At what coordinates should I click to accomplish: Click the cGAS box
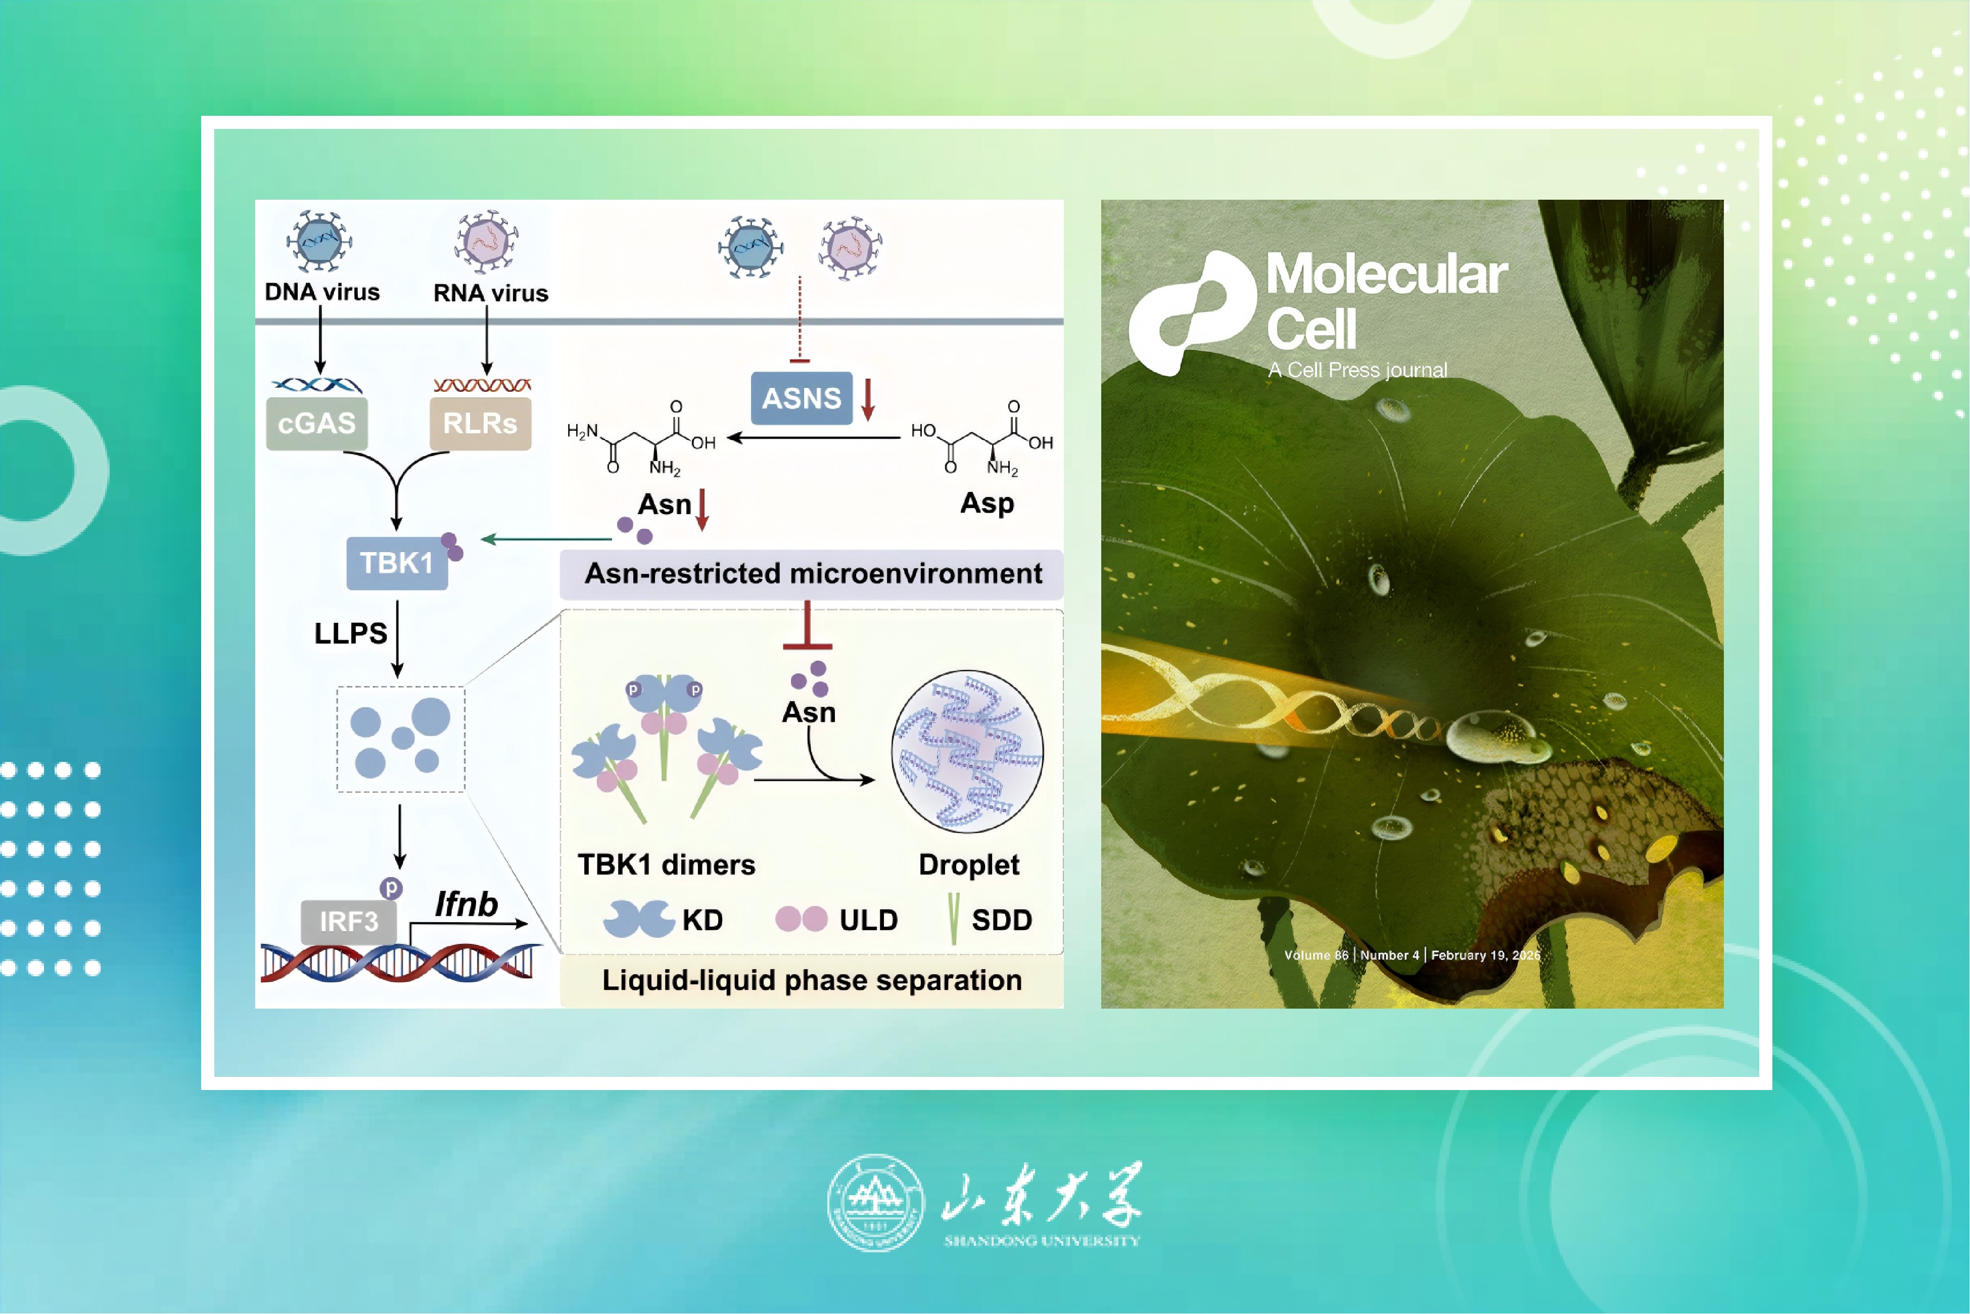click(x=316, y=423)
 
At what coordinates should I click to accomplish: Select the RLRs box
click(x=480, y=423)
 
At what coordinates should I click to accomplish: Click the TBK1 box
click(x=397, y=563)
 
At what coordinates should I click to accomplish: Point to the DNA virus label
click(x=322, y=292)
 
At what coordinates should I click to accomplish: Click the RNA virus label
click(x=491, y=293)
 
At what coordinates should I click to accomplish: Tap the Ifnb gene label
click(x=466, y=904)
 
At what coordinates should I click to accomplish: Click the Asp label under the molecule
click(x=988, y=504)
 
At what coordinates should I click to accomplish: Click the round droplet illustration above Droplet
click(x=967, y=752)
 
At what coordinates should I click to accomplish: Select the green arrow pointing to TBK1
click(x=546, y=539)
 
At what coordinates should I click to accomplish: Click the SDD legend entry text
click(x=1002, y=920)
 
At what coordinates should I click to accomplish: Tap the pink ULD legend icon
click(x=802, y=919)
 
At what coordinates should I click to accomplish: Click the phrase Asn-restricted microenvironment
click(x=813, y=573)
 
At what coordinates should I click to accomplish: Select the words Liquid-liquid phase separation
click(x=812, y=980)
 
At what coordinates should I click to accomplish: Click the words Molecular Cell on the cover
click(x=1387, y=301)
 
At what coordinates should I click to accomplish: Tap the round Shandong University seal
click(x=875, y=1203)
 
